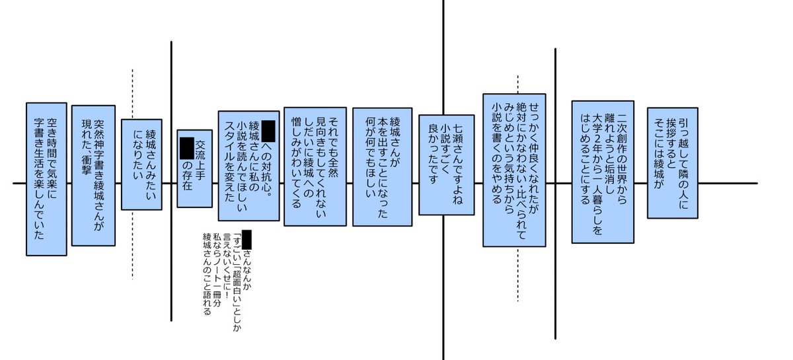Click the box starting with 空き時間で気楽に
click(46, 178)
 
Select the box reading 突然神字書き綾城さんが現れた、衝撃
click(93, 175)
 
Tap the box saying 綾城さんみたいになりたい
click(141, 164)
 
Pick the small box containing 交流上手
click(194, 159)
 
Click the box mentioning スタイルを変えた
click(248, 165)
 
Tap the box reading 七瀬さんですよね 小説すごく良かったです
click(445, 164)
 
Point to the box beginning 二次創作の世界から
click(603, 172)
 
